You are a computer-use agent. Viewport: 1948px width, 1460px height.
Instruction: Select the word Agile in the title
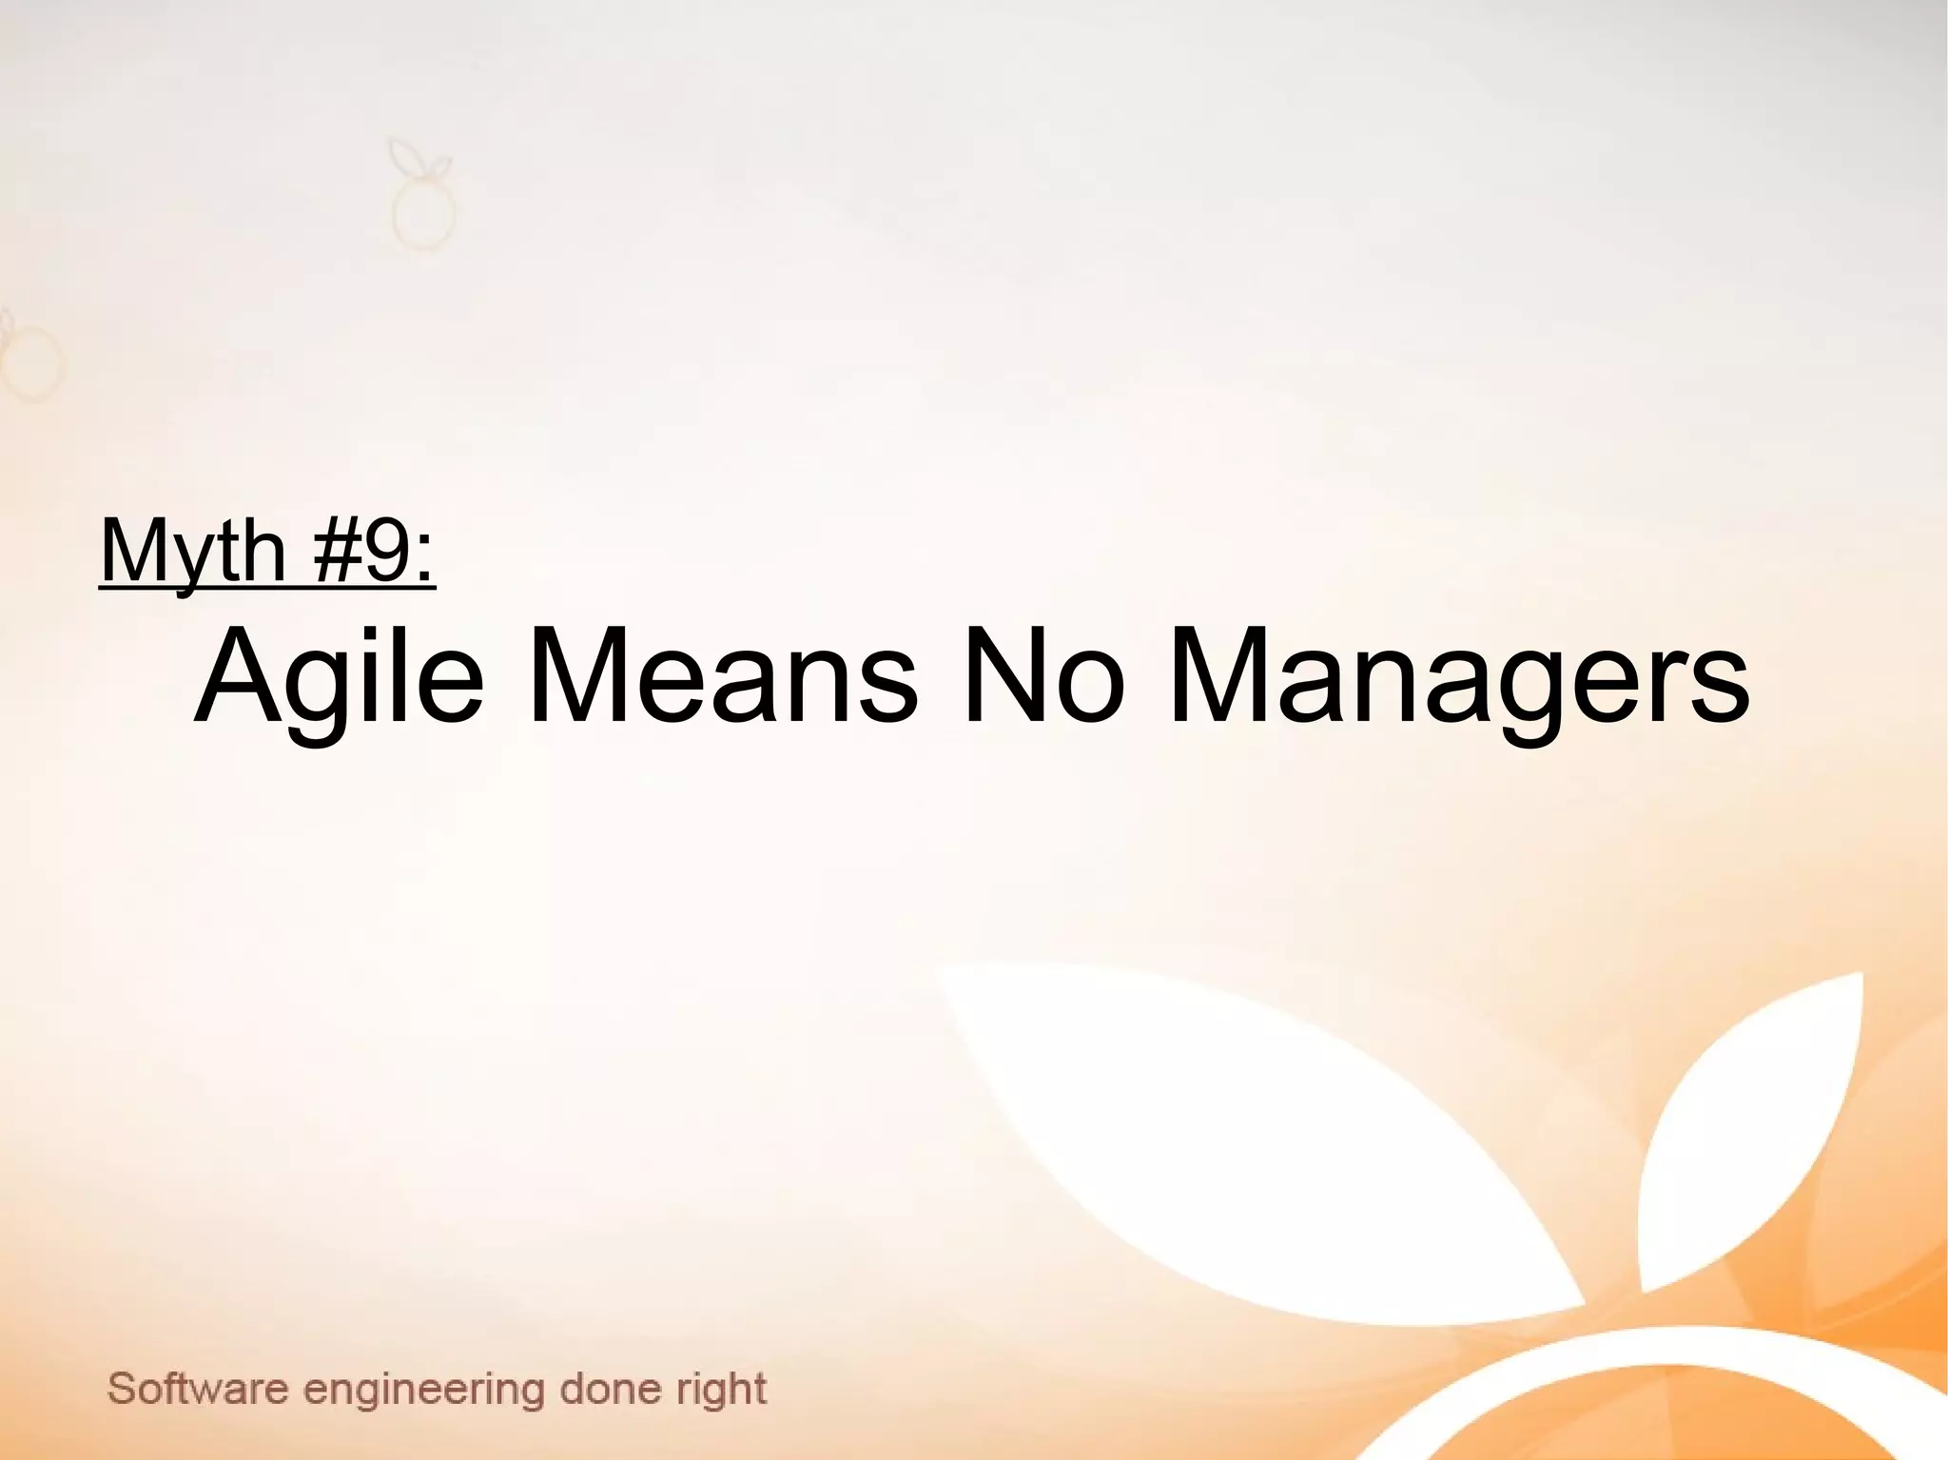[x=338, y=677]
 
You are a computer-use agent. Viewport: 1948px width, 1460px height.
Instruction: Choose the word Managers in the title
[x=1457, y=677]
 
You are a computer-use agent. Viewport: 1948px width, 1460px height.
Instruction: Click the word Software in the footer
[x=198, y=1390]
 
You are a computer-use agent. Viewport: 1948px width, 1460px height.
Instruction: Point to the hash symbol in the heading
[x=333, y=552]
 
